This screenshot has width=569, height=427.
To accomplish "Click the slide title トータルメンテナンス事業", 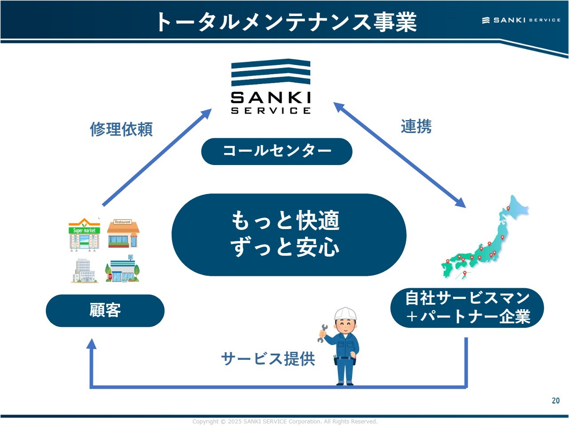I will (286, 22).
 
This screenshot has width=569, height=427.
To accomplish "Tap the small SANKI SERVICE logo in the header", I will (521, 20).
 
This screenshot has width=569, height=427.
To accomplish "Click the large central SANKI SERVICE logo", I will (270, 87).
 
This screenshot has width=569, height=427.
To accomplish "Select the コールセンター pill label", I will (276, 151).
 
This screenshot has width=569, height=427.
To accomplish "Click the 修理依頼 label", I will (121, 129).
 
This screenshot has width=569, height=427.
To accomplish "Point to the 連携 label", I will (416, 127).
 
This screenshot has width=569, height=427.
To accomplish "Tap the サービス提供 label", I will (268, 359).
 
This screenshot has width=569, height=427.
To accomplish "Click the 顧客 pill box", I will (105, 310).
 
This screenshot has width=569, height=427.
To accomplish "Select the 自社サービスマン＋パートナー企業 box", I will (467, 308).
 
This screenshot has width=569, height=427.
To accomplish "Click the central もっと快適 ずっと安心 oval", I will (289, 234).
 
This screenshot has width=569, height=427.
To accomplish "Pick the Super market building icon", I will (84, 234).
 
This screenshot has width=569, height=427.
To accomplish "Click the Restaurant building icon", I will (123, 234).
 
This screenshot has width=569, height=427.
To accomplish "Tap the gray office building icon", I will (84, 270).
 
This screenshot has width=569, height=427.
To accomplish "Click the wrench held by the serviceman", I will (322, 333).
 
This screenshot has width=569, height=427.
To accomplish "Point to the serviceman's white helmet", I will (345, 313).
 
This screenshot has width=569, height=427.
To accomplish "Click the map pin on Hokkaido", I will (508, 209).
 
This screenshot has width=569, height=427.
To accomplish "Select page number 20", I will (556, 401).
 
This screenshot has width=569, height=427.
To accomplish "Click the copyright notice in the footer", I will (285, 422).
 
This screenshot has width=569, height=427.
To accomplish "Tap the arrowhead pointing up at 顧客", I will (92, 344).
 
